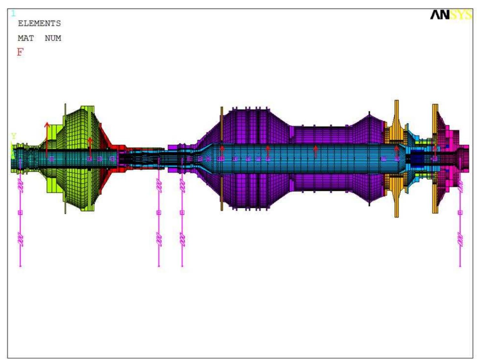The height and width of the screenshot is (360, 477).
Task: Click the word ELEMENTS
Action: pos(39,23)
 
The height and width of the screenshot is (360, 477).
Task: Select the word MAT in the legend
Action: pos(26,38)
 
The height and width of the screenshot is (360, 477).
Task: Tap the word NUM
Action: pos(53,38)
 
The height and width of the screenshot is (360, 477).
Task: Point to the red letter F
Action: pos(20,52)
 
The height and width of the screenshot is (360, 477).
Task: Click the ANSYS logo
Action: pos(451,15)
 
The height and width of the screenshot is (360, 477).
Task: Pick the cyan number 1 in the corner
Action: pos(13,13)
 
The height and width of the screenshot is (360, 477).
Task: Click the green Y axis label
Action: pos(14,136)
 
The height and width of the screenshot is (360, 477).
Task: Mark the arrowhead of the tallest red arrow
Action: pos(47,124)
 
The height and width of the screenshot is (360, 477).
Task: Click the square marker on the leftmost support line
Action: pos(20,213)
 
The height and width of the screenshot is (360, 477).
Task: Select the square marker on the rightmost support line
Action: pos(460,213)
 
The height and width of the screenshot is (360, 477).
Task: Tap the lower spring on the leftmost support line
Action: pos(20,239)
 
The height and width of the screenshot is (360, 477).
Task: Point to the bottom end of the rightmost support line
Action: pos(460,266)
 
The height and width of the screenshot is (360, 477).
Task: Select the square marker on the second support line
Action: pos(159,213)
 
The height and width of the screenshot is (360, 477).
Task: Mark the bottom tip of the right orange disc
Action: pos(435,212)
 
